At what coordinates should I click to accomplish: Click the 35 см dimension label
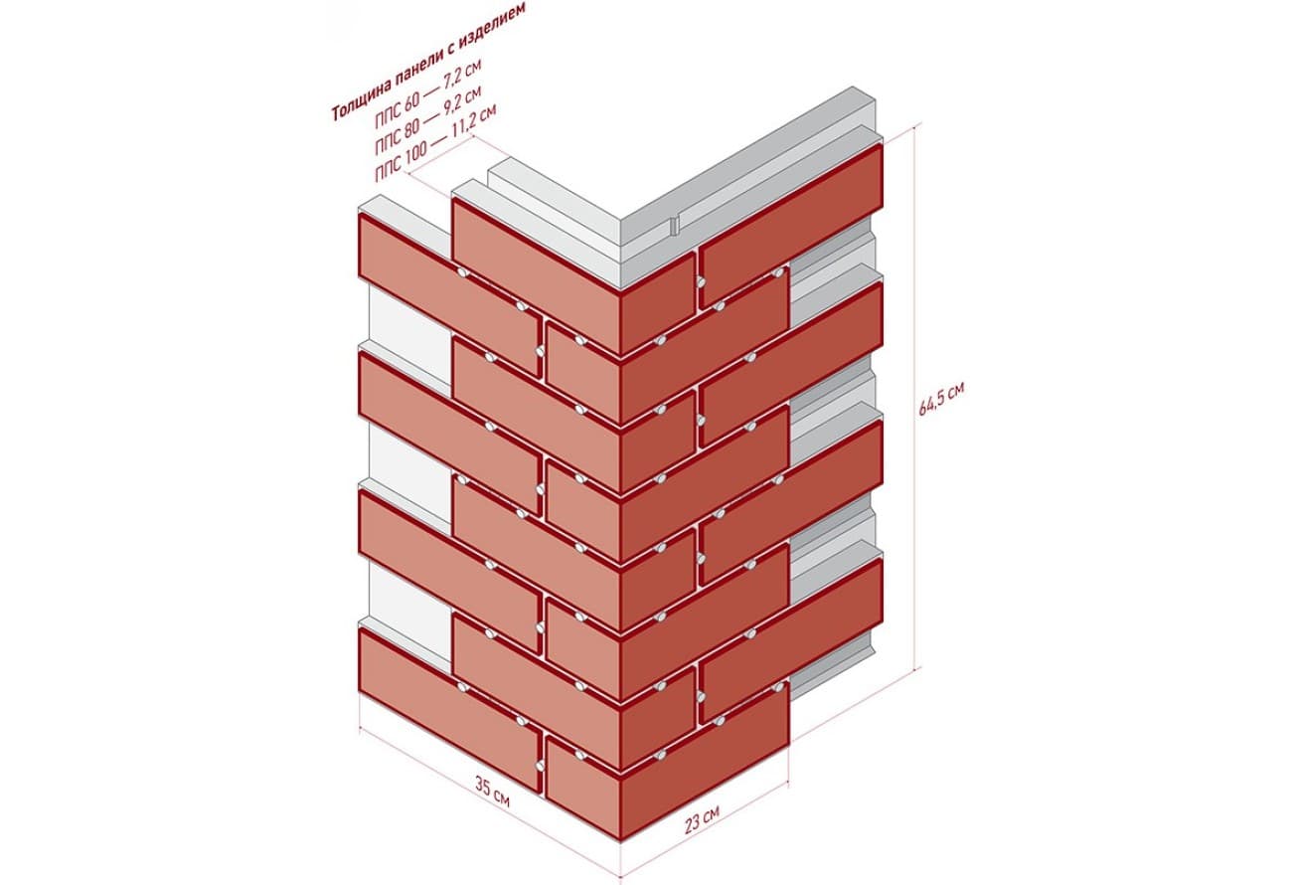[x=492, y=793]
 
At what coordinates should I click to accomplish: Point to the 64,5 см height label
[x=941, y=400]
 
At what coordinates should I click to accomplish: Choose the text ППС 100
[x=401, y=164]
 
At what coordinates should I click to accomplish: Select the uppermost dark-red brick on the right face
[x=791, y=227]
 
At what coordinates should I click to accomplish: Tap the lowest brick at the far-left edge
[x=450, y=709]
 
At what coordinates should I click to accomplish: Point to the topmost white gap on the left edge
[x=410, y=335]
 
